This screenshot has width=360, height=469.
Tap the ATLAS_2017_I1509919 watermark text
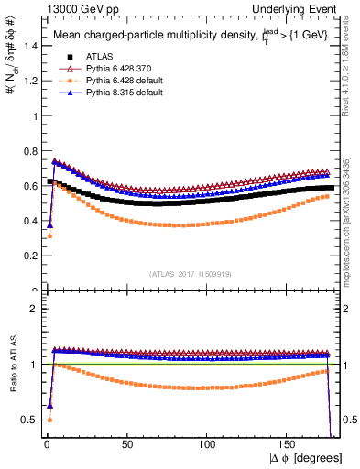(190, 273)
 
